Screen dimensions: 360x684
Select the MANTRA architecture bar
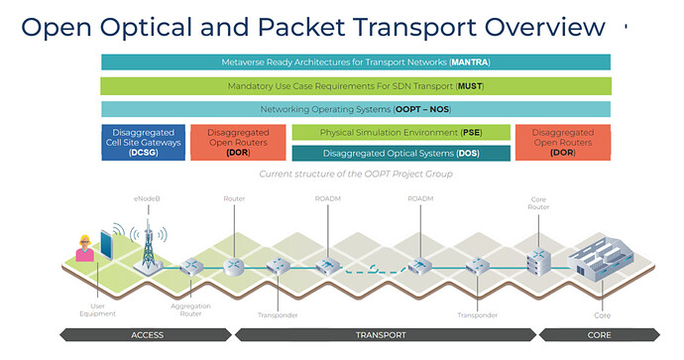click(x=355, y=62)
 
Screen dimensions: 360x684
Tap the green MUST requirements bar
click(x=355, y=86)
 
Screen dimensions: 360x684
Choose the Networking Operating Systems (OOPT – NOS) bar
click(x=355, y=109)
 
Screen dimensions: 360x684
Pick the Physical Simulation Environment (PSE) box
click(x=400, y=132)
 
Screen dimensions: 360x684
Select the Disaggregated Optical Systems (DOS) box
click(x=400, y=153)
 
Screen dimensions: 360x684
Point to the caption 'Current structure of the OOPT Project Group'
click(x=355, y=174)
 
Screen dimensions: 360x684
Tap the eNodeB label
click(x=147, y=200)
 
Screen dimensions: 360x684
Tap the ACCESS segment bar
click(x=147, y=335)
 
